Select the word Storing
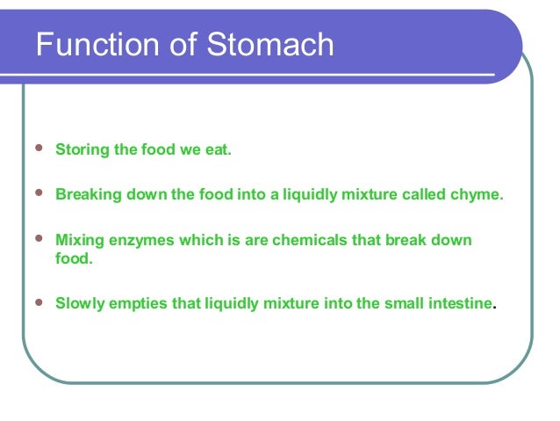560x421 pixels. coord(83,150)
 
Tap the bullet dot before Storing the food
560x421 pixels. coord(36,150)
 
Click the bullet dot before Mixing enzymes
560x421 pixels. coord(36,240)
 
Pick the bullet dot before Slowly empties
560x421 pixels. coord(36,303)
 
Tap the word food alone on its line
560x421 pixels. coord(72,259)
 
